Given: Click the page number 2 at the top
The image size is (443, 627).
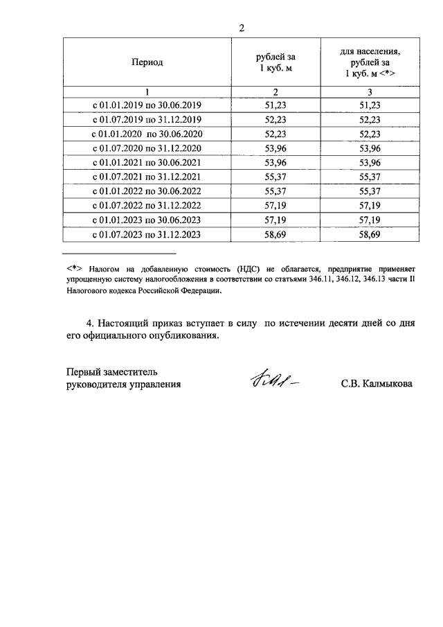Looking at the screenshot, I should pos(241,28).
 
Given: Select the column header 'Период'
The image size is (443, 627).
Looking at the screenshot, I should pos(147,62).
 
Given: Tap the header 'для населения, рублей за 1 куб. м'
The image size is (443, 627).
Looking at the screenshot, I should pos(371,62).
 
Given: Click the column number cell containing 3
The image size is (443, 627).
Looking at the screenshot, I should pos(371,92).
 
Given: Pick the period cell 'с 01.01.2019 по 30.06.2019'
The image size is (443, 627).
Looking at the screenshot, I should pos(147,105).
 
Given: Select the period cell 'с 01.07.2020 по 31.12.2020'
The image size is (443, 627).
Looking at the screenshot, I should pos(147,148).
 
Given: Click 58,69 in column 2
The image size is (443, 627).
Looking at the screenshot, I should pos(275,235).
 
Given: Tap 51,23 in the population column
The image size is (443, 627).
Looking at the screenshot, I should pos(371,105).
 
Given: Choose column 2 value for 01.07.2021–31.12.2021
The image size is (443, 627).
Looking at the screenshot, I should pos(275,177).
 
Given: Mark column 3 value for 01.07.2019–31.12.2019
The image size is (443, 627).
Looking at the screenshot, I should pos(371,120).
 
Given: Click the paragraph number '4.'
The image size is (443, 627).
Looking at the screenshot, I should pos(89,324).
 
